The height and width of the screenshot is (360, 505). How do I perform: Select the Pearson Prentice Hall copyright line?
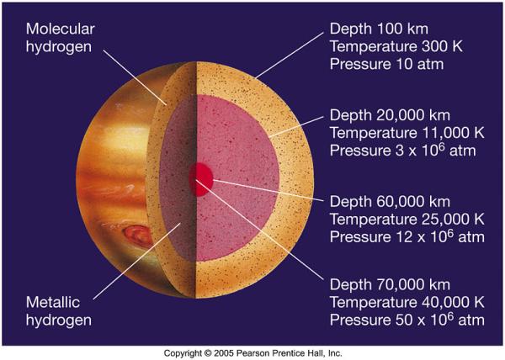[252, 352]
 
